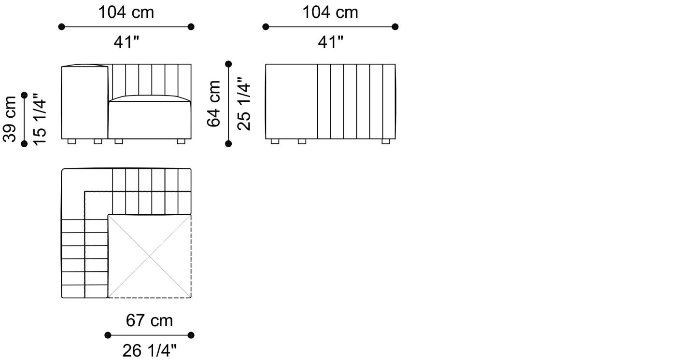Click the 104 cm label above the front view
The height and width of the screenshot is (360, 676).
[126, 12]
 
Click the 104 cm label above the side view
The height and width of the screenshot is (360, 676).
[330, 12]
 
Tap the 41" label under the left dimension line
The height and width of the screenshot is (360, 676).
[126, 42]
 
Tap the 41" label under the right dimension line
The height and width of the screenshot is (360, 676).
[330, 42]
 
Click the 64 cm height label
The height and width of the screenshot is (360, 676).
[214, 103]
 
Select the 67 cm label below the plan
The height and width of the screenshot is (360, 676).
[149, 320]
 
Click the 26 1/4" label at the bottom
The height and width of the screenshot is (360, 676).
[149, 351]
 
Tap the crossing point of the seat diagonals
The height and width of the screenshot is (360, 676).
[149, 256]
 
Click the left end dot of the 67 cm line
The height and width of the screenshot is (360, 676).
[108, 335]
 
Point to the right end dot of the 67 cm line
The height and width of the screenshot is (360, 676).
[191, 335]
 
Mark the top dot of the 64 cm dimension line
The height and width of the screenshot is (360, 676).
[228, 64]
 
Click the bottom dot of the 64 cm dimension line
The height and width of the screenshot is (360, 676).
[228, 143]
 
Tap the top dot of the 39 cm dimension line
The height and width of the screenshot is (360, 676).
[25, 96]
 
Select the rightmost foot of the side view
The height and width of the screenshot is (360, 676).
[386, 141]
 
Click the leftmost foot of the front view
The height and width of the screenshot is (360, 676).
[71, 141]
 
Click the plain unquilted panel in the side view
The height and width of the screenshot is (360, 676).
[291, 101]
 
